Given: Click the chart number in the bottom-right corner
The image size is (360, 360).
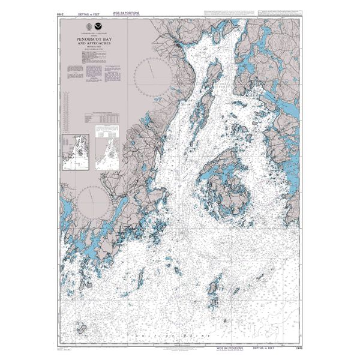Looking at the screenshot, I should pyautogui.click(x=293, y=350).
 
